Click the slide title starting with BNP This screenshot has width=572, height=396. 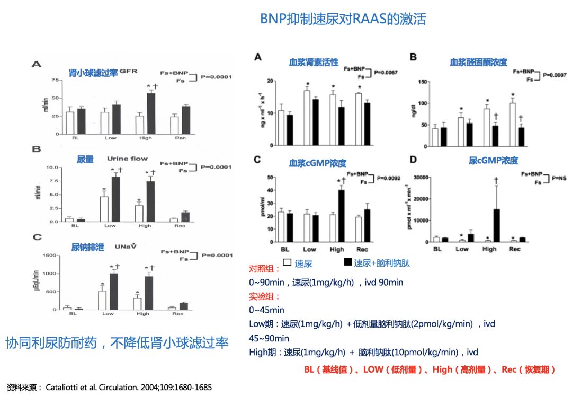343,19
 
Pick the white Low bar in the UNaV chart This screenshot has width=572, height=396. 103,300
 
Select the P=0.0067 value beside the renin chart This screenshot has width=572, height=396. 386,72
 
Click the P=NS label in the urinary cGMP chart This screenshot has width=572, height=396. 559,178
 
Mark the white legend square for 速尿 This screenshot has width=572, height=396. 287,262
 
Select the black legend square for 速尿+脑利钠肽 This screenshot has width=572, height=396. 348,262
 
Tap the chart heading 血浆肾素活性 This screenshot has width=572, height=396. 314,62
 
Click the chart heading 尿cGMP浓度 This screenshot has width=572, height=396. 493,160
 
